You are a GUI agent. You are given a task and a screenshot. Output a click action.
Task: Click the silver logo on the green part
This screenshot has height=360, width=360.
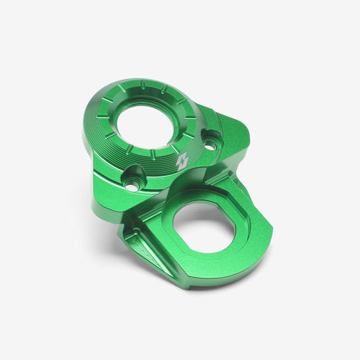(182, 161)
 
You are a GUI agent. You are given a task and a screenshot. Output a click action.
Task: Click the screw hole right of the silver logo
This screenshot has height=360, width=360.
(211, 143)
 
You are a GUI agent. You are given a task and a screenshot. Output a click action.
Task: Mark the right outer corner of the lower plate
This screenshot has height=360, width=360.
(270, 233)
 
